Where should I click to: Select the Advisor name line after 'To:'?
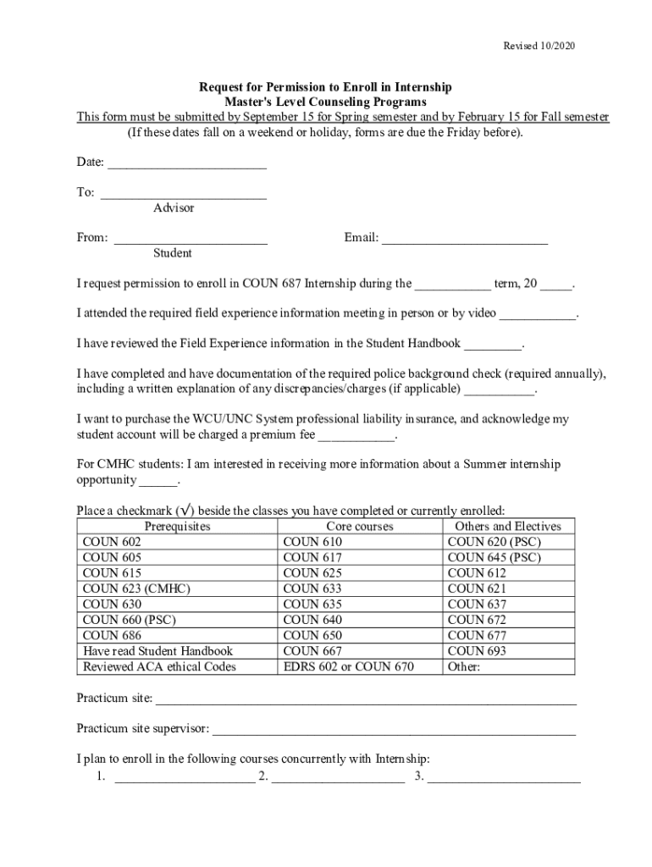tap(184, 193)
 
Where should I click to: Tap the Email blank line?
tap(465, 239)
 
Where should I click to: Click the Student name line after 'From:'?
tap(191, 239)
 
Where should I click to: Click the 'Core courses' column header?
tap(360, 527)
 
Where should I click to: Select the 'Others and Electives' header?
tap(508, 527)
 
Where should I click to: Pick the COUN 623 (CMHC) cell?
tap(136, 588)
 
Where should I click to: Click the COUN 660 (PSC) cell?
tap(129, 620)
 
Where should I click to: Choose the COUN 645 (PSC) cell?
tap(494, 557)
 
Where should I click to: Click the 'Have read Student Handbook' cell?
tap(157, 651)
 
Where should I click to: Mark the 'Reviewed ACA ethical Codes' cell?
tap(159, 666)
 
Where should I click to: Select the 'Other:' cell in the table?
tap(464, 666)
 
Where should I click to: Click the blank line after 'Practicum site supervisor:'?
tap(394, 729)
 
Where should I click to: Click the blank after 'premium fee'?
tap(356, 436)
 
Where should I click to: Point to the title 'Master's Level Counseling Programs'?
tap(325, 102)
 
